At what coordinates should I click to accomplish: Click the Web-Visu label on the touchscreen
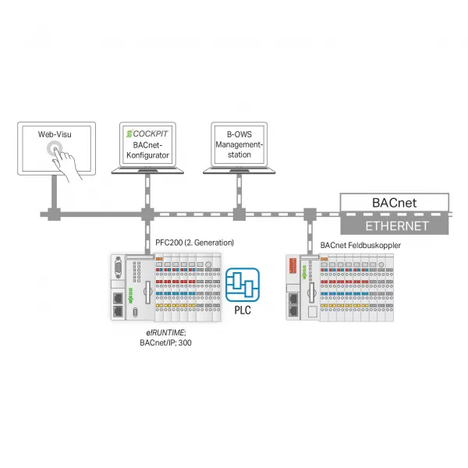tap(55, 134)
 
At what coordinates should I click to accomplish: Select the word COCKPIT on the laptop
tap(151, 133)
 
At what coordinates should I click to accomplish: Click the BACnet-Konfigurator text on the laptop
tap(147, 150)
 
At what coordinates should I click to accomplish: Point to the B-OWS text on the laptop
tap(239, 134)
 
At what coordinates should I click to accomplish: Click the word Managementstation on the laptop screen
tap(239, 150)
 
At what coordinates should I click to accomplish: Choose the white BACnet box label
tap(394, 203)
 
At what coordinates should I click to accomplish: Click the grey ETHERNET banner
tap(394, 226)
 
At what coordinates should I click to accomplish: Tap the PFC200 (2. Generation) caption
tap(194, 243)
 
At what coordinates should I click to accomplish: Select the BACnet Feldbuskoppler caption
tap(360, 245)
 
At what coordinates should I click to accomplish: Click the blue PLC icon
tap(243, 285)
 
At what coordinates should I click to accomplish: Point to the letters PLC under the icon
tap(243, 310)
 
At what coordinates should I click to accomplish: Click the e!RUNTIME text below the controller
tap(165, 332)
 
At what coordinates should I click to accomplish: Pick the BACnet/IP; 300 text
tap(165, 342)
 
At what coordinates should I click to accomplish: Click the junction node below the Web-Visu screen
tap(55, 214)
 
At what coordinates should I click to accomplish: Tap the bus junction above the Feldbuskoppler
tap(310, 214)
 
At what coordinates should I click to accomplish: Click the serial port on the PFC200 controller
tap(119, 267)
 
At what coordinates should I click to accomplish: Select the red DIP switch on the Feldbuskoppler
tap(292, 265)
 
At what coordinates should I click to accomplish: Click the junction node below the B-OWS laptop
tap(239, 214)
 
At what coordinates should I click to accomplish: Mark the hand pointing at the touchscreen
tap(66, 163)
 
